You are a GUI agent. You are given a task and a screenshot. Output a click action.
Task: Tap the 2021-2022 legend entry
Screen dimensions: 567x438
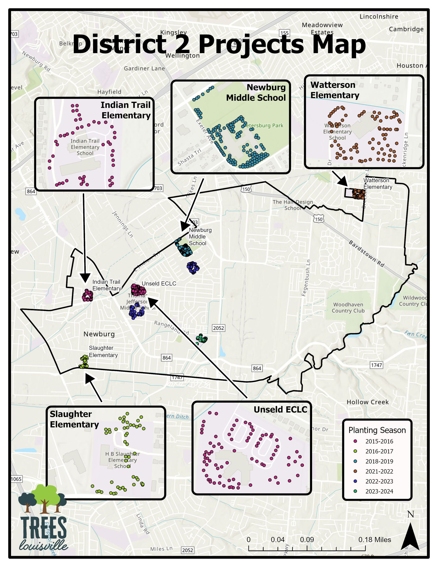(379, 471)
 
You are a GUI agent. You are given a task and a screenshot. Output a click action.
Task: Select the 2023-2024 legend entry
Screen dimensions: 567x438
(379, 491)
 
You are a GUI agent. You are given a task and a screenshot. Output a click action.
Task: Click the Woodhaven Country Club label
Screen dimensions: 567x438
(348, 307)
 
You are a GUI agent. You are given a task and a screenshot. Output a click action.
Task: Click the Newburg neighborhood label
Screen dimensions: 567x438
(99, 334)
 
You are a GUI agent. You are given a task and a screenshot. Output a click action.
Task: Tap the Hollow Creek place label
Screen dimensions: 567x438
(367, 402)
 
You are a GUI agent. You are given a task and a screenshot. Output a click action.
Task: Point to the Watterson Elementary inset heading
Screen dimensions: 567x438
(335, 90)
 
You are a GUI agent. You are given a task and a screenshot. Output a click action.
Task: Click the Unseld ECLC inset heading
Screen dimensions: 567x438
(280, 409)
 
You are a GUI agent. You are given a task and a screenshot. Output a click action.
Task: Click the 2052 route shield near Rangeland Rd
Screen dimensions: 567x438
(218, 328)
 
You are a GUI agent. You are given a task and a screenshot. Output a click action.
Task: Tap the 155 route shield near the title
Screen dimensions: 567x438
(284, 33)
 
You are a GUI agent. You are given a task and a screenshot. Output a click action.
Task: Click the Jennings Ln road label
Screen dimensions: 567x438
(123, 224)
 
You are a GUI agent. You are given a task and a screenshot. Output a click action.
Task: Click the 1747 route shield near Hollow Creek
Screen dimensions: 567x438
(376, 365)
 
